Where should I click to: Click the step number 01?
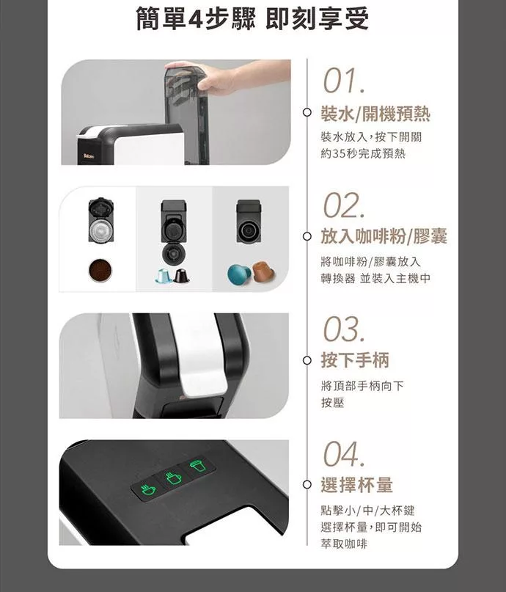[x=344, y=81]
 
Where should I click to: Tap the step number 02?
[x=344, y=205]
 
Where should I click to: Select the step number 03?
[x=344, y=329]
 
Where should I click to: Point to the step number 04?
[x=344, y=454]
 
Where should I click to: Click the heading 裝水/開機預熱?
[x=375, y=114]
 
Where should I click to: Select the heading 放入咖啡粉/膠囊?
[x=384, y=236]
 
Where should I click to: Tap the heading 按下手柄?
[x=355, y=359]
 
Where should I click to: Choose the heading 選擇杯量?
[x=356, y=484]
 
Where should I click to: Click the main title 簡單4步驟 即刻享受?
[x=252, y=18]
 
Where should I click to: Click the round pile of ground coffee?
[x=100, y=270]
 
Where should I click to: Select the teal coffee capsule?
[x=240, y=274]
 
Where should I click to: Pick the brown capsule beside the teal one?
[x=263, y=271]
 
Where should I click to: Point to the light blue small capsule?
[x=164, y=276]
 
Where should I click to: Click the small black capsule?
[x=180, y=276]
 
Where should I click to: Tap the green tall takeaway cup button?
[x=198, y=466]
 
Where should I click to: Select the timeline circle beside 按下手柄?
[x=307, y=360]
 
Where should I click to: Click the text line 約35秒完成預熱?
[x=363, y=153]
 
